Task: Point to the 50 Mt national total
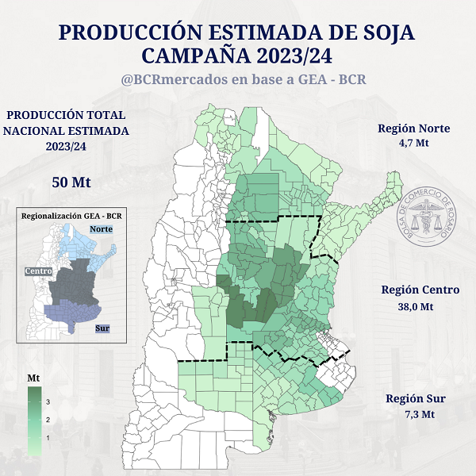(71, 182)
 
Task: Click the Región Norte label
(414, 129)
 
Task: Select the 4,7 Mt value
(414, 144)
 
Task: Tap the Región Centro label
(420, 290)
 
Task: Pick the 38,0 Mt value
(415, 306)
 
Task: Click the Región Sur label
(415, 398)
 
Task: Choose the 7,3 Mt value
(416, 414)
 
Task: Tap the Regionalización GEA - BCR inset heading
(71, 216)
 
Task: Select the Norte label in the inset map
(102, 229)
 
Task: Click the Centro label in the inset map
(37, 271)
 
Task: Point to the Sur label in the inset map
(102, 328)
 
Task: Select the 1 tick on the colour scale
(48, 437)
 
